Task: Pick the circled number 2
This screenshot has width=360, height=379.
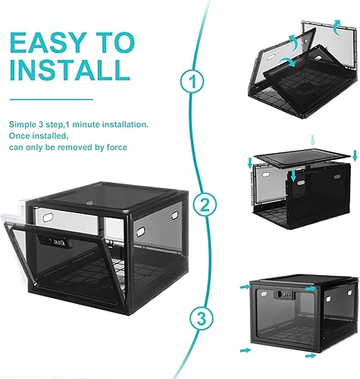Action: click(202, 203)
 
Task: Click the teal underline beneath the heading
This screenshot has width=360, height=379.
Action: click(52, 99)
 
